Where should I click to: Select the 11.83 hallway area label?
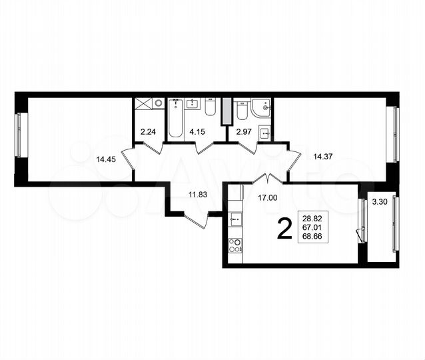click(x=198, y=194)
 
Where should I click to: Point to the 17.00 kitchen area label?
click(x=268, y=197)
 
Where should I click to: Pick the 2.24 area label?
click(x=149, y=131)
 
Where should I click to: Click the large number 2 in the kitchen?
click(x=283, y=230)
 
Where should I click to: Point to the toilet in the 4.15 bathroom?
click(x=210, y=110)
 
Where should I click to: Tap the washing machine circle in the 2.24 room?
click(x=158, y=103)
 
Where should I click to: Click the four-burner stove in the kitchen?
click(x=234, y=246)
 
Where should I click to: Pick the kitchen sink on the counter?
click(x=234, y=217)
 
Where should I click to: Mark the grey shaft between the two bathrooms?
click(x=225, y=110)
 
